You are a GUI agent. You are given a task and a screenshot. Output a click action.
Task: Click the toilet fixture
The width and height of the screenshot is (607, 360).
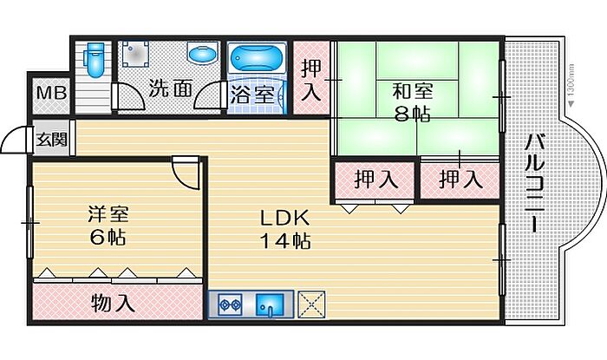(95, 60)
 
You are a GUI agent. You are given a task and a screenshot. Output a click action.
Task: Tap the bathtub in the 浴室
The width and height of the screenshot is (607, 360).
(257, 57)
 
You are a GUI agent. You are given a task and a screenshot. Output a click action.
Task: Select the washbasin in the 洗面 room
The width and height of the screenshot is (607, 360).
(202, 53)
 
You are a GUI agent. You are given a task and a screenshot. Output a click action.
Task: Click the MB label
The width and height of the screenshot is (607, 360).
(52, 94)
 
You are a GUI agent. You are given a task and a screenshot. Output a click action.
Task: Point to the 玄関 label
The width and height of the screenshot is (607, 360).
(52, 140)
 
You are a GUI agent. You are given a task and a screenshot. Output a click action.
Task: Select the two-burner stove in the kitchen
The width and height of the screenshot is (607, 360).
(230, 304)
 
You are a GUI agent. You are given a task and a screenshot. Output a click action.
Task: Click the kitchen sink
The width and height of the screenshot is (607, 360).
(270, 304)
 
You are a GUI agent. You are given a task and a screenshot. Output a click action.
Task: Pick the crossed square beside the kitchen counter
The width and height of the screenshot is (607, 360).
(311, 304)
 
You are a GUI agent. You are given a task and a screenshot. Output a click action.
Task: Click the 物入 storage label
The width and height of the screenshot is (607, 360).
(114, 303)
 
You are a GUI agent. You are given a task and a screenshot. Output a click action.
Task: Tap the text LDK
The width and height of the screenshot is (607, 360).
(284, 218)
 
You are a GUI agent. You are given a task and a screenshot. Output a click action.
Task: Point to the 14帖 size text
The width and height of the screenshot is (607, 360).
(284, 241)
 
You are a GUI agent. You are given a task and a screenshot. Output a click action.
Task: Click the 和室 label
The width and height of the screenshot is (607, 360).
(412, 91)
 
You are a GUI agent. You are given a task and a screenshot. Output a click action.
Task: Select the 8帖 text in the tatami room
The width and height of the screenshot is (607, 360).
(412, 114)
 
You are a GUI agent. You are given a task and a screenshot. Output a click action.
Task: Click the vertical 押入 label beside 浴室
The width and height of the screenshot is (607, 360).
(311, 80)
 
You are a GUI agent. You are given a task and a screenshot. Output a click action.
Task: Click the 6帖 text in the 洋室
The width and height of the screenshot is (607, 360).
(108, 237)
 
